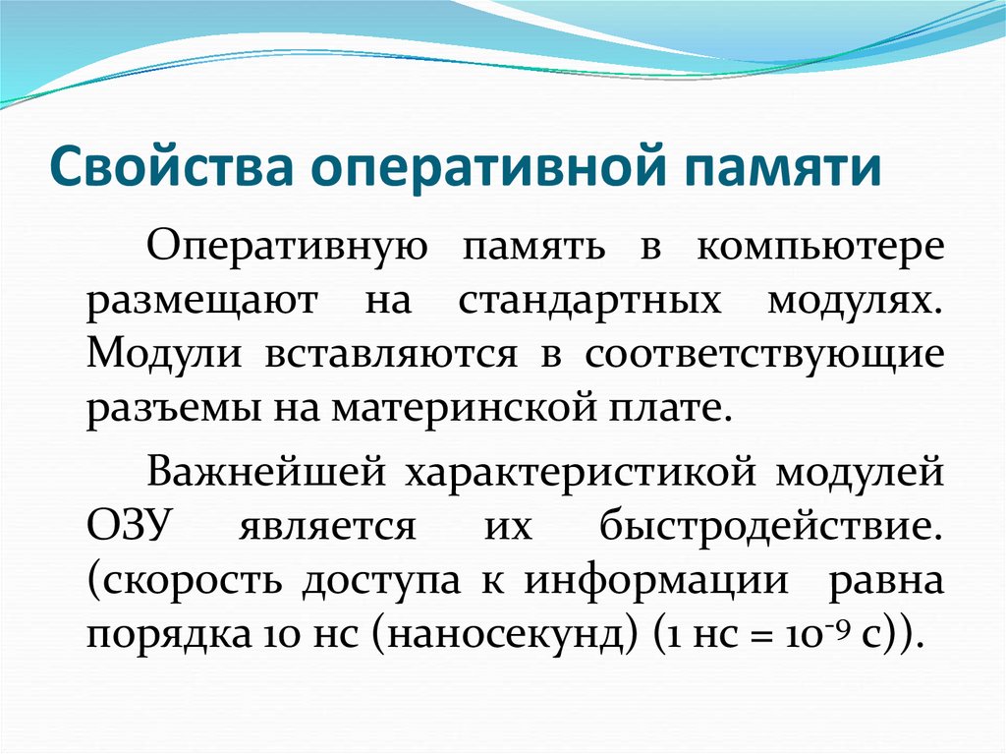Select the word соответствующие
coord(765,353)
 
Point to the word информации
coord(657,580)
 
